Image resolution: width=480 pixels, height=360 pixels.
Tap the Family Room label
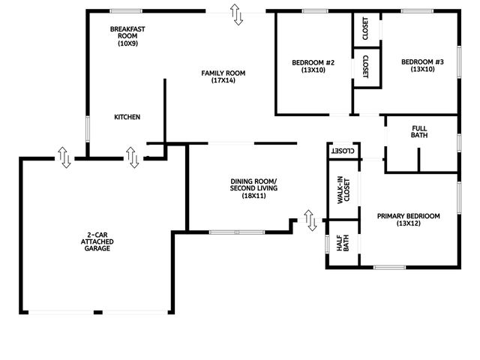[223, 76]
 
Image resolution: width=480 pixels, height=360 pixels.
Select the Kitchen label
[127, 117]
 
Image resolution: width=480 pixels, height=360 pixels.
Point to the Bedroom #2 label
[313, 66]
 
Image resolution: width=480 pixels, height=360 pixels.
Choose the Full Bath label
[419, 131]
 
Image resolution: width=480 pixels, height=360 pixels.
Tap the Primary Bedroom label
[408, 220]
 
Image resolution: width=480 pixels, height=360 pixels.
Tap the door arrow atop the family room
[236, 14]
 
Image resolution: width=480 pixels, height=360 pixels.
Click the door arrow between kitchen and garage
[132, 157]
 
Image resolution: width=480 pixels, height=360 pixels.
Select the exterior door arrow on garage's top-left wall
[64, 157]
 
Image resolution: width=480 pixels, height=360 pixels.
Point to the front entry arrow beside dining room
[310, 220]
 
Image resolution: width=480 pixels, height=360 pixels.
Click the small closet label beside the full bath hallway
[342, 151]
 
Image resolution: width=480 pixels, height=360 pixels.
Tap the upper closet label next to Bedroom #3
[365, 28]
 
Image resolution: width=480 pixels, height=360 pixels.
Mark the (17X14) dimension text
[223, 80]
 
